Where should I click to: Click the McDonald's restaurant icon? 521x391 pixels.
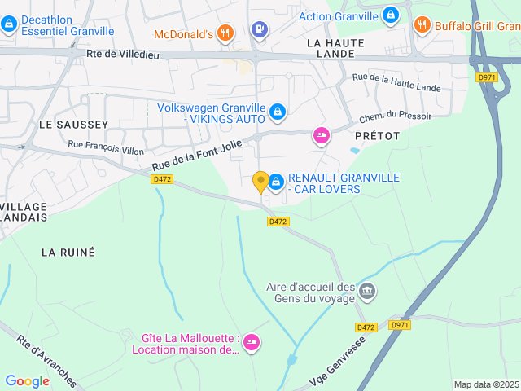click(x=226, y=33)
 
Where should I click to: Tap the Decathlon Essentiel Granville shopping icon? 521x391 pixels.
click(x=9, y=24)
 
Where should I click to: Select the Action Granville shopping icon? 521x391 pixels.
click(x=392, y=15)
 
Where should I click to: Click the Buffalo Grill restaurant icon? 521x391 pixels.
click(x=422, y=24)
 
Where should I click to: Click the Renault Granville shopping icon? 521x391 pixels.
click(x=276, y=181)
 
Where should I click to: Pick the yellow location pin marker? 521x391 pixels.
click(x=260, y=182)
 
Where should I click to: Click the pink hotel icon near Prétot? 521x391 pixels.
click(x=322, y=136)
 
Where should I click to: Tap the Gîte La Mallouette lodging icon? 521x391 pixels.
click(x=252, y=342)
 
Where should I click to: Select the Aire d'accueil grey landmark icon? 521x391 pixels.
click(x=367, y=290)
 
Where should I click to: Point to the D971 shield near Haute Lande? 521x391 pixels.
click(x=487, y=77)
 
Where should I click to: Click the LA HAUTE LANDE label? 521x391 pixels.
click(x=331, y=47)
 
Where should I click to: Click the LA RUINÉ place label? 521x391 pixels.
click(x=68, y=253)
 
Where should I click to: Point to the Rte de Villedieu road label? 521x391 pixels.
click(x=122, y=56)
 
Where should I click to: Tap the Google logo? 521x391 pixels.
click(x=27, y=380)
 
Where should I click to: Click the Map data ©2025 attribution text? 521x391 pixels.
click(x=485, y=384)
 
